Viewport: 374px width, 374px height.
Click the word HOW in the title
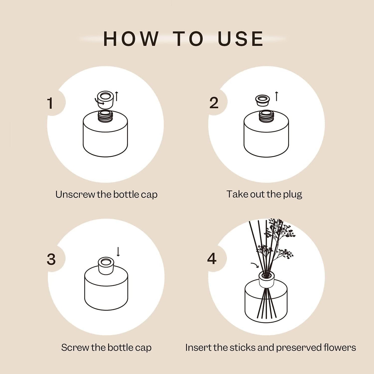pos(131,39)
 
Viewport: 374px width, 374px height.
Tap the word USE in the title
pos(240,39)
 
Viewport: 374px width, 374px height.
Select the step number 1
pos(50,103)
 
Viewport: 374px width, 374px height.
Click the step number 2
pos(214,103)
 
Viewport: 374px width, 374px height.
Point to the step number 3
pos(51,259)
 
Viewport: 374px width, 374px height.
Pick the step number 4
pos(212,259)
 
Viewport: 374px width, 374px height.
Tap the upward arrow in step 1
pos(116,96)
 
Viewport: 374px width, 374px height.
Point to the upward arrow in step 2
pos(276,96)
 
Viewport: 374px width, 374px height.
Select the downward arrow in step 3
pos(118,252)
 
